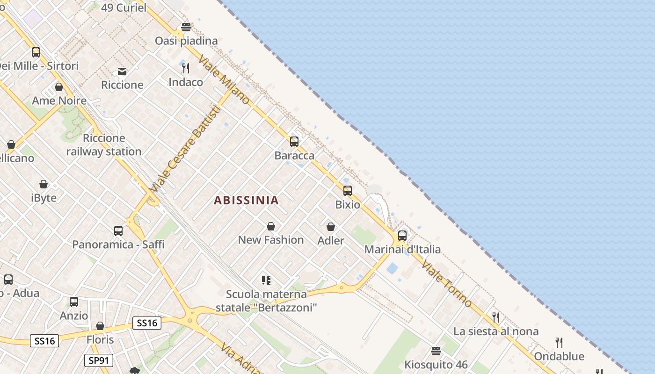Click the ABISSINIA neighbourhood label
click(x=246, y=200)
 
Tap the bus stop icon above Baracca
click(x=294, y=141)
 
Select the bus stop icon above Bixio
click(x=348, y=190)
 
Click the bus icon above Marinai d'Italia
click(x=402, y=235)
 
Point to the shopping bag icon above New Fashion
click(x=271, y=226)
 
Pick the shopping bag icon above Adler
click(x=331, y=227)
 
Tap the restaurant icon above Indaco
click(x=186, y=68)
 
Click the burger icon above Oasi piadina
click(x=186, y=27)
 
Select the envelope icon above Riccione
click(x=122, y=71)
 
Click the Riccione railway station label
click(x=104, y=145)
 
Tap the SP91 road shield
click(x=99, y=360)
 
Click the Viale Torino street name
click(x=446, y=283)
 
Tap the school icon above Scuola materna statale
click(x=266, y=280)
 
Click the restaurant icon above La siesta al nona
click(x=496, y=317)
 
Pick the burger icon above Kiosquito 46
click(x=436, y=351)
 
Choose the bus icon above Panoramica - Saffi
click(x=118, y=230)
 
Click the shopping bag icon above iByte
click(x=44, y=184)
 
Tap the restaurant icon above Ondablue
click(x=559, y=342)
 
